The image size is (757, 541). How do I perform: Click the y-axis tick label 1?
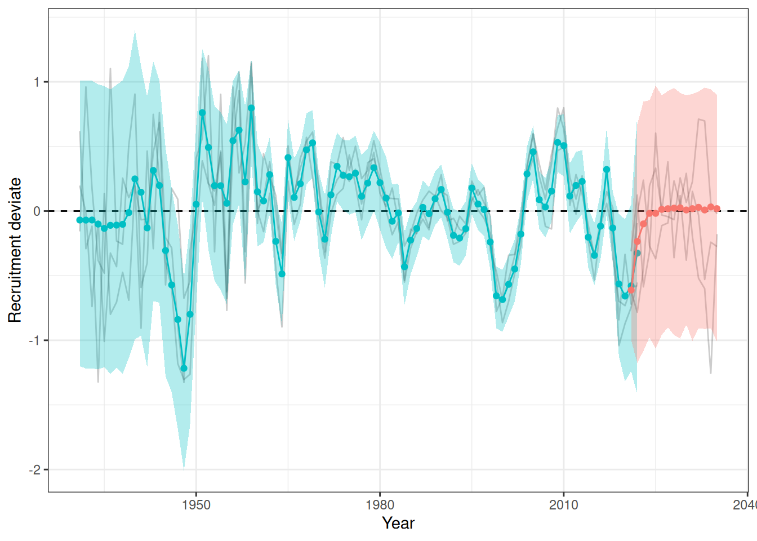37,82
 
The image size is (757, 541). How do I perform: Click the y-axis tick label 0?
37,211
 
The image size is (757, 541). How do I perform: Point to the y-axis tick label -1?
35,340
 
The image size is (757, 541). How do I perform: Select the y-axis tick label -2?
35,469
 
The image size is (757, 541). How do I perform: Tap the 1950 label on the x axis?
196,504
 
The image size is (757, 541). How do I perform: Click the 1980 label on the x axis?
380,504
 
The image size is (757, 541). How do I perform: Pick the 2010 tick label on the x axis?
563,504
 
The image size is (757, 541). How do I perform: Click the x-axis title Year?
398,523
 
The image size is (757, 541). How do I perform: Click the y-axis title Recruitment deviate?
15,250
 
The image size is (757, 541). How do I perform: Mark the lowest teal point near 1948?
184,368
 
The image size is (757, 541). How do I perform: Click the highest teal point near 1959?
251,108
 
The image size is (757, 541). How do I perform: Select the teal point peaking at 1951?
202,113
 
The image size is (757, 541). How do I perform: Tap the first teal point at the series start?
80,220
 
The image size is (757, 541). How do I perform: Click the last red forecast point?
716,209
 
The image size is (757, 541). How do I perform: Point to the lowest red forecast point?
631,290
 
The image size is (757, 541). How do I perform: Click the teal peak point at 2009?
558,143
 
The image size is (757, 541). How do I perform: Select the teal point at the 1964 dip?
282,274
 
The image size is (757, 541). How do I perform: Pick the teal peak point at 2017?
607,170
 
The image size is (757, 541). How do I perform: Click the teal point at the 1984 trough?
404,267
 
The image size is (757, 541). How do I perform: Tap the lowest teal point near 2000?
502,299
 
